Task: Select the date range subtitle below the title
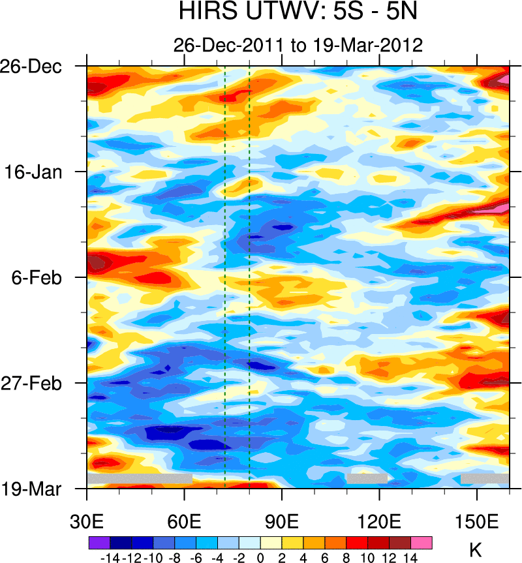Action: click(x=298, y=45)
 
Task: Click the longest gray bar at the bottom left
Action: click(x=140, y=479)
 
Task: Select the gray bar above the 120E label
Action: click(x=367, y=479)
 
